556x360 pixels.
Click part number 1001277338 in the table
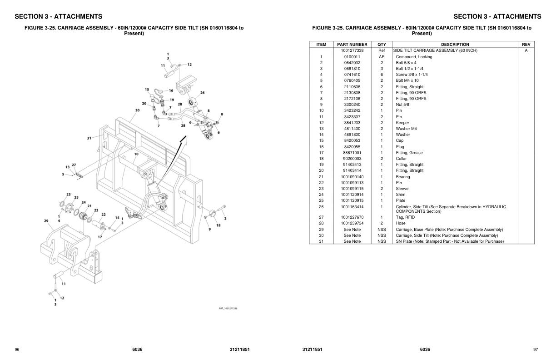coord(352,50)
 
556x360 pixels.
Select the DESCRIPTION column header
coord(455,45)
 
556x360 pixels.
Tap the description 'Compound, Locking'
coord(414,57)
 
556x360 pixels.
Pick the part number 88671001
coord(352,153)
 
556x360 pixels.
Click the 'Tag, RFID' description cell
coord(405,217)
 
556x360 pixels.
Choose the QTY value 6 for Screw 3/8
coord(382,75)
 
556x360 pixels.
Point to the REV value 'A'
coord(526,50)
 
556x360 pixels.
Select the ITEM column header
coord(321,45)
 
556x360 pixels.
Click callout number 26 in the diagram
coord(202,93)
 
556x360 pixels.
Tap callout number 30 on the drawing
coord(137,110)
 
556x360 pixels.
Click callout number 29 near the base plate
coord(46,221)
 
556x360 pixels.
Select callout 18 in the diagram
coord(218,225)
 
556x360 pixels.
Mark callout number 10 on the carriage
coord(136,154)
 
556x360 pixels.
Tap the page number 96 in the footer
coord(17,349)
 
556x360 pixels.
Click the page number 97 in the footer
coord(535,349)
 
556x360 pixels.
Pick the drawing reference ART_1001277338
coord(228,308)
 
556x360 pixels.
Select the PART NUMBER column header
coord(352,45)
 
